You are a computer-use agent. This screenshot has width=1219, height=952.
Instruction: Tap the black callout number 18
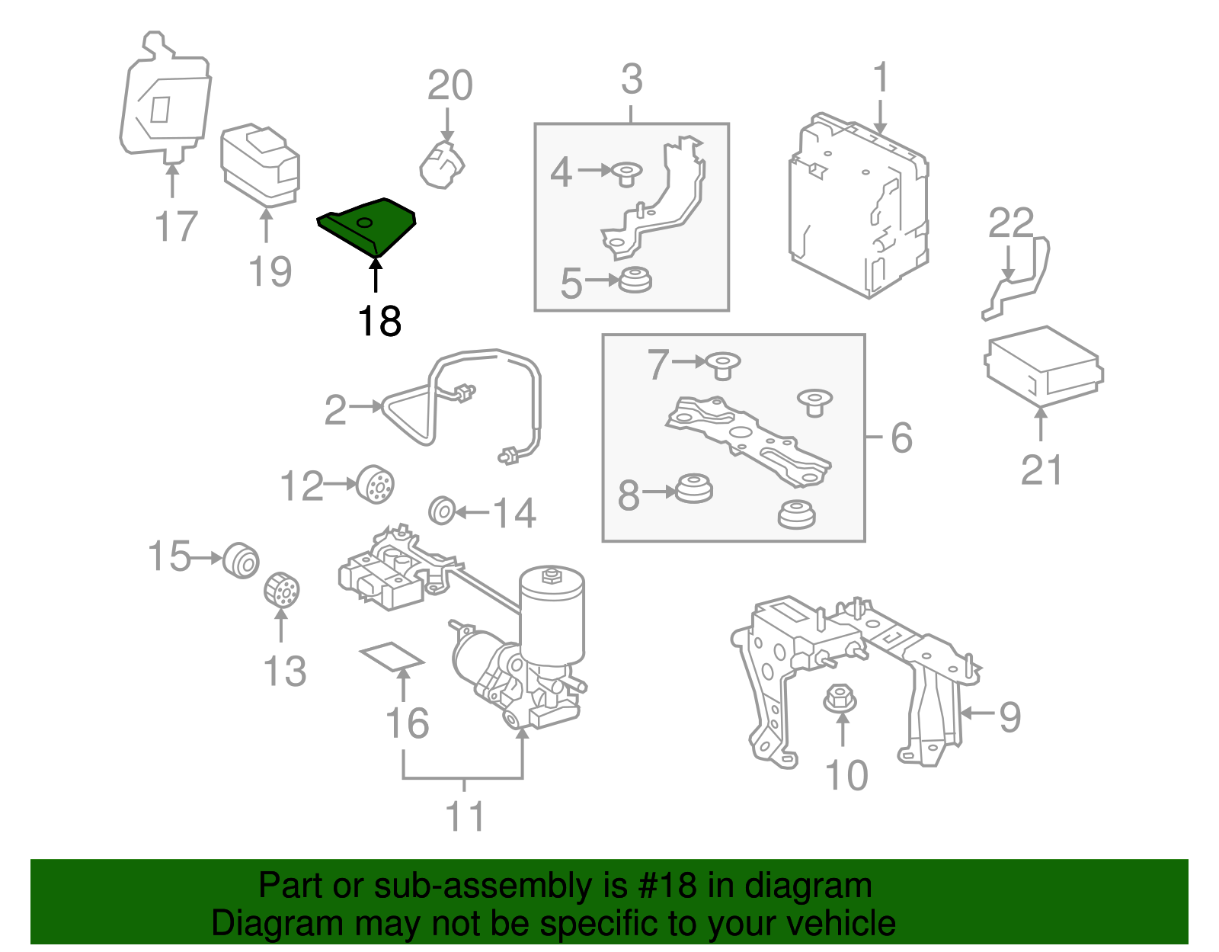click(379, 322)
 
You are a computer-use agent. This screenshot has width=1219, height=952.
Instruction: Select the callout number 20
click(450, 85)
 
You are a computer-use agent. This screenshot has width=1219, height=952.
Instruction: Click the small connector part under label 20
click(442, 162)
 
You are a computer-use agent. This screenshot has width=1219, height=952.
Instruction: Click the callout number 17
click(175, 226)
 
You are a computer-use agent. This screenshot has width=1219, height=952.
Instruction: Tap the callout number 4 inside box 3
click(561, 172)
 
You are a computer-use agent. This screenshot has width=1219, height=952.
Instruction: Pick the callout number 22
click(1011, 223)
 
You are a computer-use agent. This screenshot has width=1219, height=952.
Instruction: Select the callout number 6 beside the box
click(901, 438)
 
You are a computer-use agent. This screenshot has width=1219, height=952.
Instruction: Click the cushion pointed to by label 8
click(694, 488)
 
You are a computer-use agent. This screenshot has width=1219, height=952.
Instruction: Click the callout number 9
click(1009, 716)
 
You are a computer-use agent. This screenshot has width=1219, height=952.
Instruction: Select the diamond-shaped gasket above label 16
click(392, 656)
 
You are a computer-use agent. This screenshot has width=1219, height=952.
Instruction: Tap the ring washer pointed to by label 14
click(442, 510)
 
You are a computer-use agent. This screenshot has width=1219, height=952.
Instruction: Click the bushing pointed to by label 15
click(242, 560)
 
